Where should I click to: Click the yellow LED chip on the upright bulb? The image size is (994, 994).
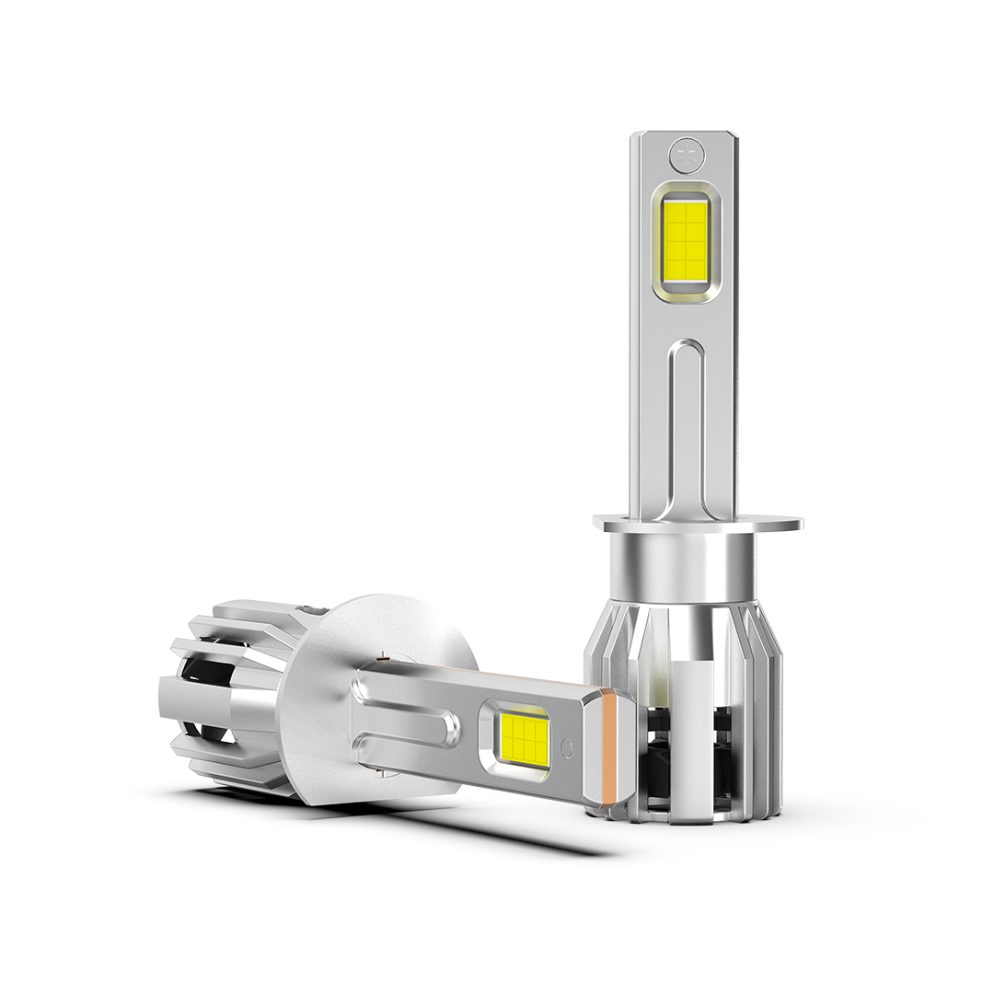pyautogui.click(x=685, y=241)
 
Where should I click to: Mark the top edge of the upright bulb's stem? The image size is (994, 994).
pyautogui.click(x=684, y=134)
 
